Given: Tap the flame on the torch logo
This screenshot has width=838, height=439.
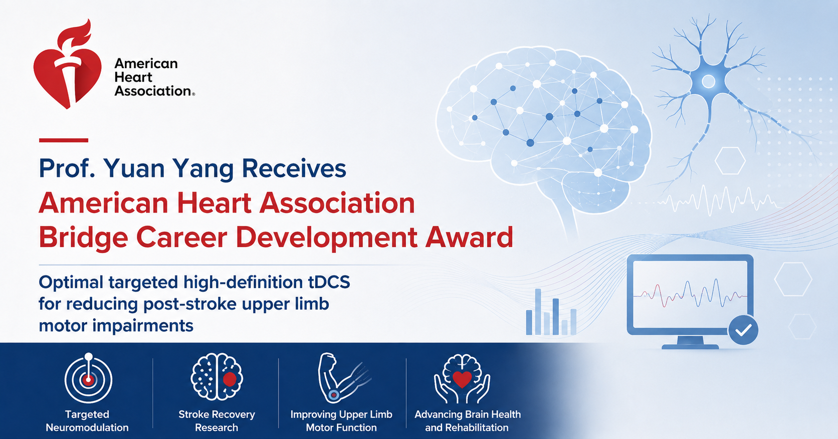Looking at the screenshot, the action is click(77, 36).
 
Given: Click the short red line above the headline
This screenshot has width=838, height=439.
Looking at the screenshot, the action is click(64, 140).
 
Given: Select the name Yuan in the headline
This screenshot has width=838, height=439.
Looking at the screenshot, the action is click(133, 169).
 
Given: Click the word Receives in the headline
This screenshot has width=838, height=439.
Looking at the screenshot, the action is click(294, 168).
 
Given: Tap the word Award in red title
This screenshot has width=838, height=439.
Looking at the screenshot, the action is click(469, 237).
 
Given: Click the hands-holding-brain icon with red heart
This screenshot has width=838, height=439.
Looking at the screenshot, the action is click(462, 378).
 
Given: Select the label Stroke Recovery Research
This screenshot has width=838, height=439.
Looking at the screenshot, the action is click(217, 420).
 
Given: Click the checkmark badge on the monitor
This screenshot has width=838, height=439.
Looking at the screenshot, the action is click(743, 330).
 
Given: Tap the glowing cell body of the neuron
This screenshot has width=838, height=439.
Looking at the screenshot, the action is click(708, 81).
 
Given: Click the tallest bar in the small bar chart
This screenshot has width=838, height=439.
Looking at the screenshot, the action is click(538, 312).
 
